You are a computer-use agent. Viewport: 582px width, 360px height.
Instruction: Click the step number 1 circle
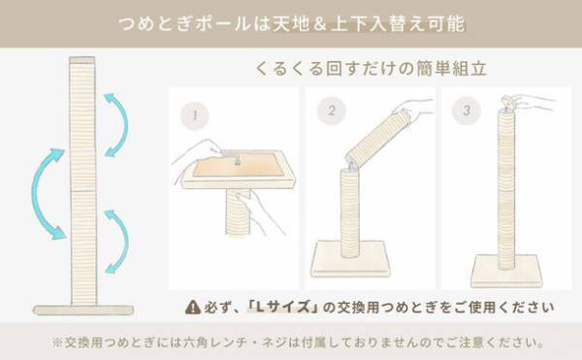tap(195, 116)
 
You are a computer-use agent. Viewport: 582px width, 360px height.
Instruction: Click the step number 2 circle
tap(332, 113)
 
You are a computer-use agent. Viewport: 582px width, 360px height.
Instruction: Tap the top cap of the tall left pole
tap(82, 64)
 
